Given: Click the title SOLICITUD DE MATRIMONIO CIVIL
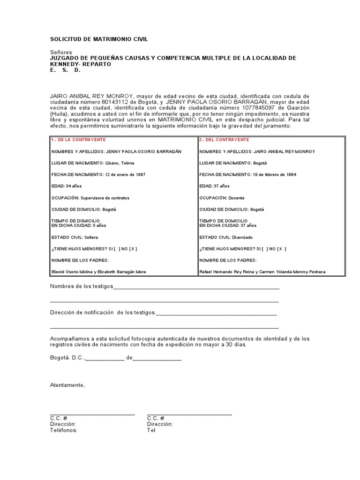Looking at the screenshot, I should pyautogui.click(x=98, y=39).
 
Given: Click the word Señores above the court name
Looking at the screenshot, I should pyautogui.click(x=60, y=52).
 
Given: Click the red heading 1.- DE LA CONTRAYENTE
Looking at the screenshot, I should pyautogui.click(x=78, y=140).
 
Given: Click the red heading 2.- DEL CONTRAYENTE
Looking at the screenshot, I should pyautogui.click(x=224, y=140).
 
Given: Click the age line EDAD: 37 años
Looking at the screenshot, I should pyautogui.click(x=215, y=186).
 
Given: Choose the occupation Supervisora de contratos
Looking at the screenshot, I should pyautogui.click(x=105, y=198).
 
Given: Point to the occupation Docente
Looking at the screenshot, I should pyautogui.click(x=237, y=198).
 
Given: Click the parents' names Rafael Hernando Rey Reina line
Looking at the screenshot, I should pyautogui.click(x=262, y=272).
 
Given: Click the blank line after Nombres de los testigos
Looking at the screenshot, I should pyautogui.click(x=196, y=287).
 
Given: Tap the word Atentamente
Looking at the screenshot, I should pyautogui.click(x=68, y=385).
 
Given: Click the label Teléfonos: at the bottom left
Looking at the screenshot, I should pyautogui.click(x=64, y=430).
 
